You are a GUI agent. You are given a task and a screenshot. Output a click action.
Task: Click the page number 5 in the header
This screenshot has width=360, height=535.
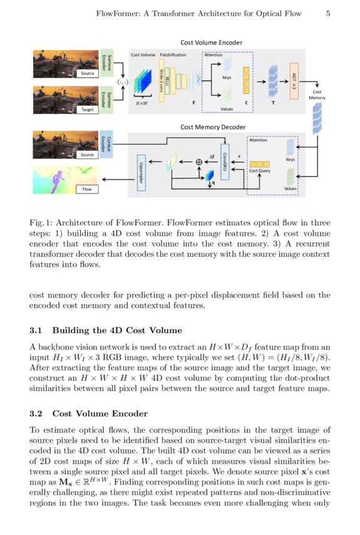328,13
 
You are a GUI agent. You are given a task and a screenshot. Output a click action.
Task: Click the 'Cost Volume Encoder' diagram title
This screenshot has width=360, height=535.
212,43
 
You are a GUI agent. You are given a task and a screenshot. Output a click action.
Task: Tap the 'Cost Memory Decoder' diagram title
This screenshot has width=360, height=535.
212,127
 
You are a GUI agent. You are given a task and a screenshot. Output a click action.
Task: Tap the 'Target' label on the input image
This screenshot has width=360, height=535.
87,109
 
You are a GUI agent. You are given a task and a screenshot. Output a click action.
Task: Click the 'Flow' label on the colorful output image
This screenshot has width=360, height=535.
87,189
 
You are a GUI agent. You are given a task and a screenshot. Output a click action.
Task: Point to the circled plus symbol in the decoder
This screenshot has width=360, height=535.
199,162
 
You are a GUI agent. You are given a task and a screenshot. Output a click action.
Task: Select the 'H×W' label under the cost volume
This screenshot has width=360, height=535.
143,102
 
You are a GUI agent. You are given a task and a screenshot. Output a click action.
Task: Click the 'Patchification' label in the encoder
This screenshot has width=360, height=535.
173,55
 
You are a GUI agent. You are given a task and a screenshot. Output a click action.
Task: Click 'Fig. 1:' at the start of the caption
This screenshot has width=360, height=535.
42,223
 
